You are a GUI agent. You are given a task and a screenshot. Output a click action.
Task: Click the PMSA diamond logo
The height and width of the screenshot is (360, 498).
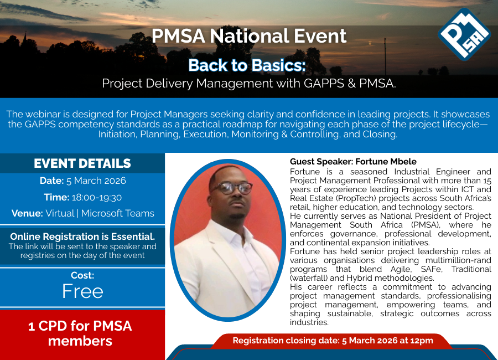click(464, 34)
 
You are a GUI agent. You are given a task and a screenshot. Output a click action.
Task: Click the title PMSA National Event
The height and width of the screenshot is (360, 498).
click(248, 36)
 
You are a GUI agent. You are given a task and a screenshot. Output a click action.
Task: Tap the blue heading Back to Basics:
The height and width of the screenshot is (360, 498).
click(247, 65)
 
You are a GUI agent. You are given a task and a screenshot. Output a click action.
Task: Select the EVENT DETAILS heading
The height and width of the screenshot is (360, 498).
click(82, 163)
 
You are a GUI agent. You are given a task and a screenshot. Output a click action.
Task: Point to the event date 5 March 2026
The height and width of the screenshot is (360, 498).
click(96, 181)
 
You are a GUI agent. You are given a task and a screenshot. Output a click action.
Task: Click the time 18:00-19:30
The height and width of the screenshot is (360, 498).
click(96, 198)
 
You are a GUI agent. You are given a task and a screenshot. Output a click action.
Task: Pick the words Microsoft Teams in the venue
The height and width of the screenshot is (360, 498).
click(117, 213)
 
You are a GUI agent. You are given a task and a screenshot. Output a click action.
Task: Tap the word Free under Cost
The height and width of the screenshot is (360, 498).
click(82, 291)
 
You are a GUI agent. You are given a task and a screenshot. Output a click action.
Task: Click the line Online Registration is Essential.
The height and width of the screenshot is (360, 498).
click(82, 236)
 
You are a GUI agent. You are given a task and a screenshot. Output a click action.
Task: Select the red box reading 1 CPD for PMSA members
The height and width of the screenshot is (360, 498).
click(82, 335)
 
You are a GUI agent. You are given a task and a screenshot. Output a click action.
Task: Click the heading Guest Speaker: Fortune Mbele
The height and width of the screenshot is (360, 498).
click(353, 162)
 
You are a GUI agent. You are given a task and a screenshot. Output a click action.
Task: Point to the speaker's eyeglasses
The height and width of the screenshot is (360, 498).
click(231, 188)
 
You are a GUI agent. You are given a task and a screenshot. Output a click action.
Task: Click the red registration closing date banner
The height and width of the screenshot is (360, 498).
click(333, 341)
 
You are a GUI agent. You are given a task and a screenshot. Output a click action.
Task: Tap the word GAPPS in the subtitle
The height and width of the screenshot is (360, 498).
click(324, 83)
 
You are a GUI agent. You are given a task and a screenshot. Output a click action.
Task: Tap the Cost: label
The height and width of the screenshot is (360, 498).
click(82, 275)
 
